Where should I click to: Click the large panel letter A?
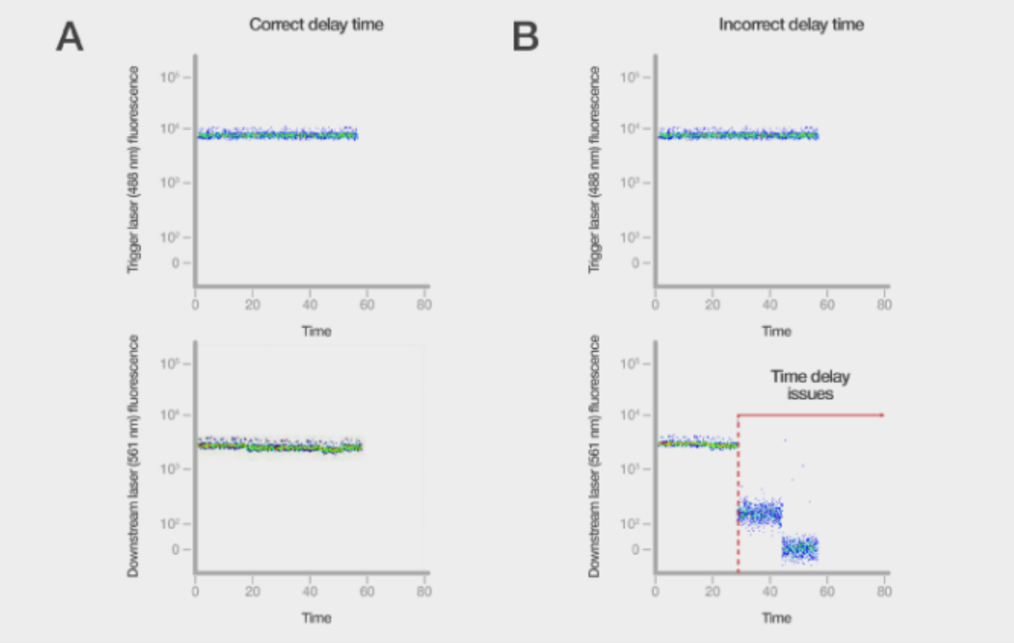70,37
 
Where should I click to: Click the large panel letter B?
525,37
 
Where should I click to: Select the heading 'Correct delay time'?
316,24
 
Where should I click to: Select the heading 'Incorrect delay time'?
791,24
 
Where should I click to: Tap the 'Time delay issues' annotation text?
810,384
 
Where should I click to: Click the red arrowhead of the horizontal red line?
881,415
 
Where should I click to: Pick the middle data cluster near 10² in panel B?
760,513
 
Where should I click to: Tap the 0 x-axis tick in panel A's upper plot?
196,305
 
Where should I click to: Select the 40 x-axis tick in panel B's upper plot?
770,305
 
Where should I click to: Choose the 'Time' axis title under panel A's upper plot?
316,331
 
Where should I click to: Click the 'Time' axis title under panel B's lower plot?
776,617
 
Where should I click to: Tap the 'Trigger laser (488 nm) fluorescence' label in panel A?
134,169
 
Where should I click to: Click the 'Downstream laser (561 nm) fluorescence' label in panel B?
594,456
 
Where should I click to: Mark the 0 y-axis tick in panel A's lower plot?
175,549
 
